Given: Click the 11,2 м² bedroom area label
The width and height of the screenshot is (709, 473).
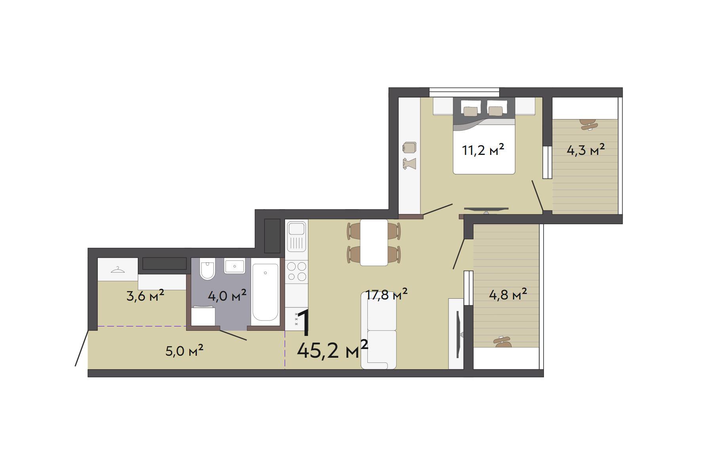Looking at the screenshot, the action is pyautogui.click(x=483, y=150).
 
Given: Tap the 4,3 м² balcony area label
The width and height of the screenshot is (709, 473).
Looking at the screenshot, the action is pyautogui.click(x=585, y=150).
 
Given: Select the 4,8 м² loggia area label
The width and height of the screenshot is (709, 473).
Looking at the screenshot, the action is pyautogui.click(x=508, y=295).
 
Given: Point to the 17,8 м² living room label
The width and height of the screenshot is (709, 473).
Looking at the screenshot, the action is pyautogui.click(x=387, y=295).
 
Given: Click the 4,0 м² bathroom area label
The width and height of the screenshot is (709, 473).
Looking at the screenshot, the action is pyautogui.click(x=227, y=296).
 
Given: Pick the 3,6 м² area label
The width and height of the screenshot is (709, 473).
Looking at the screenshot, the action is pyautogui.click(x=145, y=296).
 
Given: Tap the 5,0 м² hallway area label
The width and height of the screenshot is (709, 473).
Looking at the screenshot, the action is pyautogui.click(x=184, y=351).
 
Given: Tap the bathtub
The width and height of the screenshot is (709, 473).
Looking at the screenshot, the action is pyautogui.click(x=265, y=292).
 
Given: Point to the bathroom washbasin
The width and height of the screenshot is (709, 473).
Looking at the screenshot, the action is pyautogui.click(x=235, y=266).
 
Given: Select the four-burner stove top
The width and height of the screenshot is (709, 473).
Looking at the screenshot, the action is pyautogui.click(x=297, y=271).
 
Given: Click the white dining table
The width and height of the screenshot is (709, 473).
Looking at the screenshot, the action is pyautogui.click(x=374, y=242).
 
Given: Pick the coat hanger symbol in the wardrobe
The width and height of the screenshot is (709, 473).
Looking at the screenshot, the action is pyautogui.click(x=118, y=270).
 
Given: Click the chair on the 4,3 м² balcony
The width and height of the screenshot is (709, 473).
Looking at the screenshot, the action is pyautogui.click(x=589, y=124).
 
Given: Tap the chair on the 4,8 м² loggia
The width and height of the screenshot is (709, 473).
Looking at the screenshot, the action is pyautogui.click(x=503, y=342).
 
